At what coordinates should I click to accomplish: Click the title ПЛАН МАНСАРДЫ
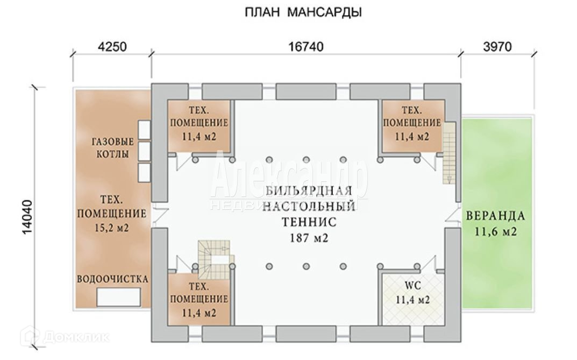tap(303, 12)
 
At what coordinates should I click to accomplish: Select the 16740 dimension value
tap(305, 47)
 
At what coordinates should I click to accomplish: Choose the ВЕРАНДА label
tap(495, 216)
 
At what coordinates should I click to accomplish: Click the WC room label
tap(412, 284)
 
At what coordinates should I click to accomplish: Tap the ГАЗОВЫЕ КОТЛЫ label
tap(112, 148)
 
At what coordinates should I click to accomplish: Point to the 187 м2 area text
tap(309, 238)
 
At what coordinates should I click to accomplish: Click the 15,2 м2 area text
tap(112, 228)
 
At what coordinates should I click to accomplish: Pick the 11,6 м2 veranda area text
tap(495, 232)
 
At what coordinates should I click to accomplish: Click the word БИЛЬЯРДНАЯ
tap(309, 191)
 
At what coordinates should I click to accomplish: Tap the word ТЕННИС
tap(309, 222)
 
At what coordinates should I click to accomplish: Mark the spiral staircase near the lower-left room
tap(214, 257)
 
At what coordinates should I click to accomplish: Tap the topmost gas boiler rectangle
tap(144, 129)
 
